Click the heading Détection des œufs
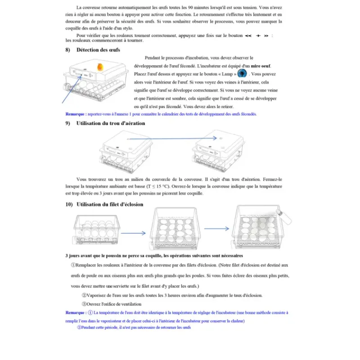click(x=98, y=49)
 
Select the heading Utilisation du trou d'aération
click(x=111, y=123)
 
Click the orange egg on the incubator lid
click(x=100, y=67)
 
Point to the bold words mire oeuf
click(x=260, y=66)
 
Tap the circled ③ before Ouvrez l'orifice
click(x=84, y=304)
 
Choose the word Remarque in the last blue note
click(x=75, y=312)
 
